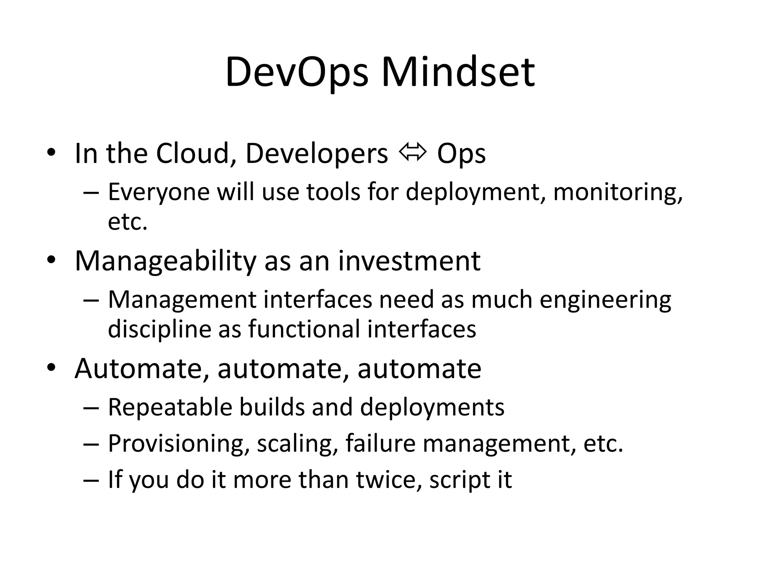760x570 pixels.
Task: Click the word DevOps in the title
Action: click(297, 72)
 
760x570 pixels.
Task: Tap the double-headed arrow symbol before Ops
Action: click(412, 153)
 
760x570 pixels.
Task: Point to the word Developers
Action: click(317, 154)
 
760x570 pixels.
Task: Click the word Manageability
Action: click(166, 262)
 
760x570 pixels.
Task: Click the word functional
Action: click(304, 329)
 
